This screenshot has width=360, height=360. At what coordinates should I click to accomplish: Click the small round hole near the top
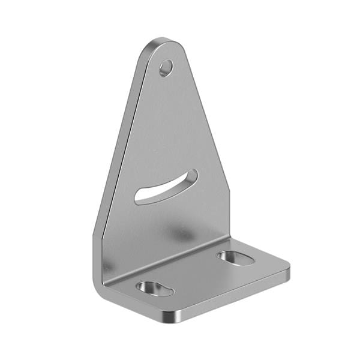pos(166,68)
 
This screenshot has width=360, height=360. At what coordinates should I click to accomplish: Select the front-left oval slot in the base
pos(155,289)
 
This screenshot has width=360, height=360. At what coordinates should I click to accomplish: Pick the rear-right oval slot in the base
pos(236,258)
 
